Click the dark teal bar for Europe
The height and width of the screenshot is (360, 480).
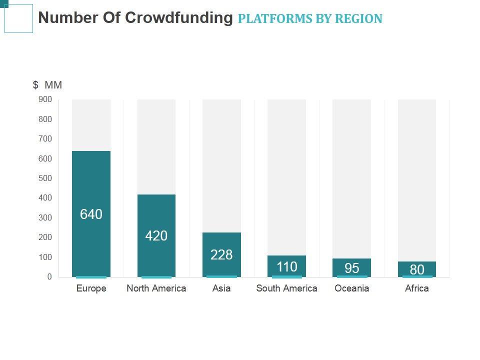pos(91,185)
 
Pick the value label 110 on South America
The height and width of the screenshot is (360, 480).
pos(287,267)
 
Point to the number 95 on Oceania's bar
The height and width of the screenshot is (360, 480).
pos(352,268)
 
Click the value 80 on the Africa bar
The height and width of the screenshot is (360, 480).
pos(417,270)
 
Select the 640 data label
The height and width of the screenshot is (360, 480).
pos(91,214)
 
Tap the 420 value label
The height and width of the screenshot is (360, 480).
pos(156,236)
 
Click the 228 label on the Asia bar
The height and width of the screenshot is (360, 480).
pos(221,255)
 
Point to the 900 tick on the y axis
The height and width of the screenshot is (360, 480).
pos(45,99)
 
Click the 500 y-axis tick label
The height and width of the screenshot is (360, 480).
pos(45,178)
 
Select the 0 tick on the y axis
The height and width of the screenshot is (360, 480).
pos(49,276)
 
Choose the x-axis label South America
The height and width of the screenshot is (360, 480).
pos(286,288)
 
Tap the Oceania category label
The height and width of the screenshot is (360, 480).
pos(352,288)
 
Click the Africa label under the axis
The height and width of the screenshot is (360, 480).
pos(417,288)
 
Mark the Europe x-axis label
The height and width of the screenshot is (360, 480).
pos(91,288)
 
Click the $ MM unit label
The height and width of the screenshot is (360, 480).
pos(47,85)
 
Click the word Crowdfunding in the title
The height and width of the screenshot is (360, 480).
pos(178,18)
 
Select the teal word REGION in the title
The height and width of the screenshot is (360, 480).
pos(358,19)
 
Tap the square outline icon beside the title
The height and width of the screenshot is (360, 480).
pos(18,18)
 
